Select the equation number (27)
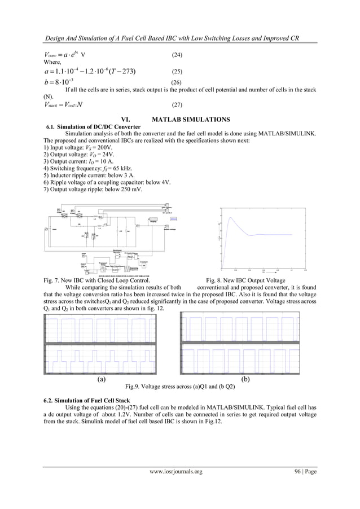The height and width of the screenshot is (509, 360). (x=176, y=105)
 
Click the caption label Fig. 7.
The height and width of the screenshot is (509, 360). (x=51, y=280)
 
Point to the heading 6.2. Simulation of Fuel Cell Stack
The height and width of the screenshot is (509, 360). (x=84, y=400)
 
